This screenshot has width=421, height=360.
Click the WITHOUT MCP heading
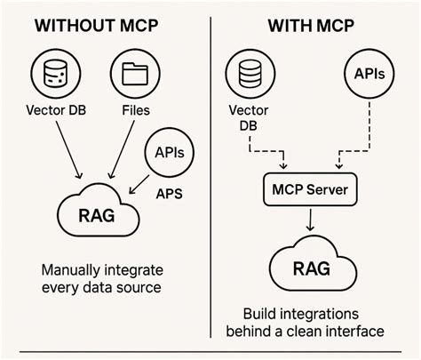[x=99, y=25]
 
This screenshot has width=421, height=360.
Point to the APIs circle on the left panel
[x=168, y=152]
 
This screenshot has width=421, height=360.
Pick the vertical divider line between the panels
[x=210, y=178]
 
